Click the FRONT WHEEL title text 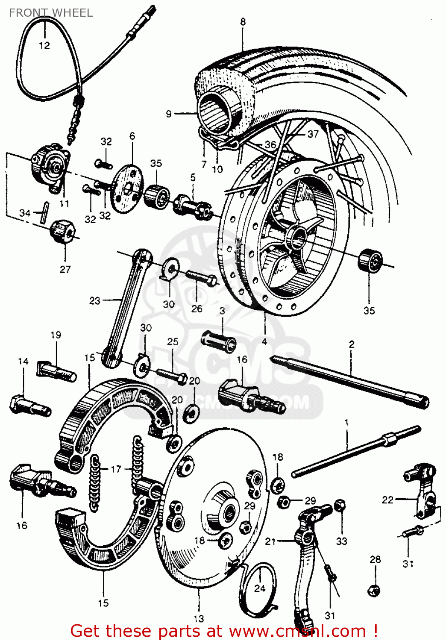50,13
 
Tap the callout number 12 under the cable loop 44,46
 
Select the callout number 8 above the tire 243,22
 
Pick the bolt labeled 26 201,278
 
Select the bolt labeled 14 29,406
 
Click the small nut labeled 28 373,590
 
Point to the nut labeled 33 340,506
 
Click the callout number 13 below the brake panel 199,618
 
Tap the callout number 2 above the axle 351,344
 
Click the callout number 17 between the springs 116,469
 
